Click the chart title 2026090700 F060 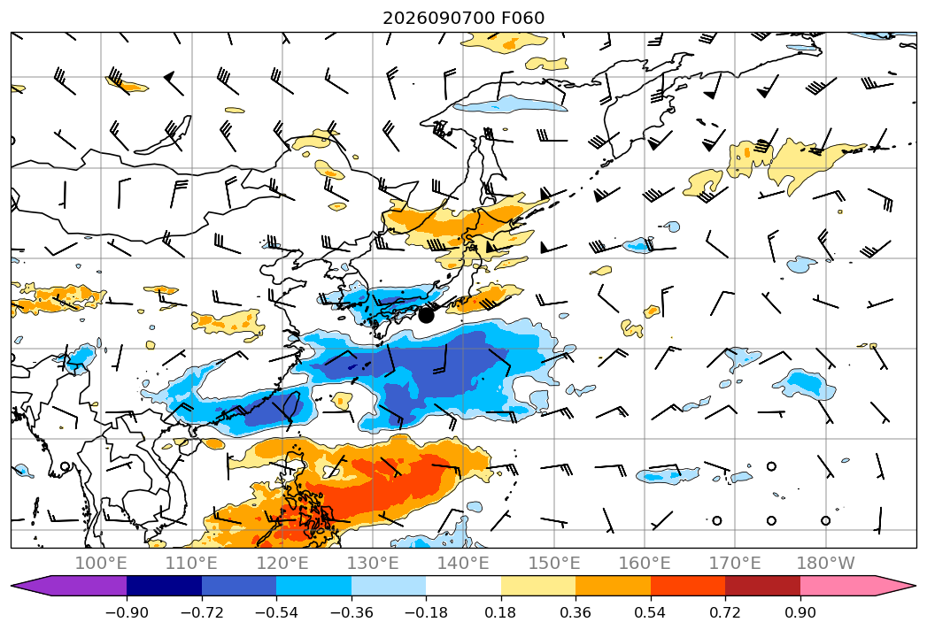coord(464,18)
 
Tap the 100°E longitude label coord(101,563)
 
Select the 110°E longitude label coord(191,563)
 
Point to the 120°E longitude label coord(282,563)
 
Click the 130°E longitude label coord(373,563)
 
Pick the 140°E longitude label coord(463,563)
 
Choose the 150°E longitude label coord(554,563)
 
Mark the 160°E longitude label coord(645,563)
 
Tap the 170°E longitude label coord(735,563)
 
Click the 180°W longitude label coord(825,563)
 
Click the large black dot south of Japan coord(426,315)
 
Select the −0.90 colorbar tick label coord(127,612)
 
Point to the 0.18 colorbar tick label coord(501,612)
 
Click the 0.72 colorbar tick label coord(725,612)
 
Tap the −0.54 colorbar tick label coord(276,612)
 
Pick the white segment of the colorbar coord(464,586)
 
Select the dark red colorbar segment coord(762,586)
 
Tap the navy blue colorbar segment coord(165,586)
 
